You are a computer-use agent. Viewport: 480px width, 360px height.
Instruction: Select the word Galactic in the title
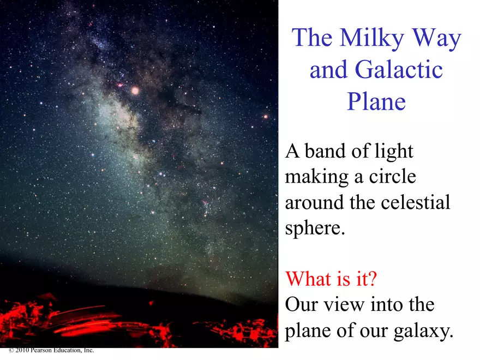tap(398, 70)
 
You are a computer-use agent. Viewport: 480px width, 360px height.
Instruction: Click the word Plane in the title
tap(376, 101)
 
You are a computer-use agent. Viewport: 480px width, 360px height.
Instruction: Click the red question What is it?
tap(331, 279)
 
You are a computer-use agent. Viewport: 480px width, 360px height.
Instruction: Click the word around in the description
tap(316, 203)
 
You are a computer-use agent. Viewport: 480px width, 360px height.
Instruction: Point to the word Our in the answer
tap(302, 304)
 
